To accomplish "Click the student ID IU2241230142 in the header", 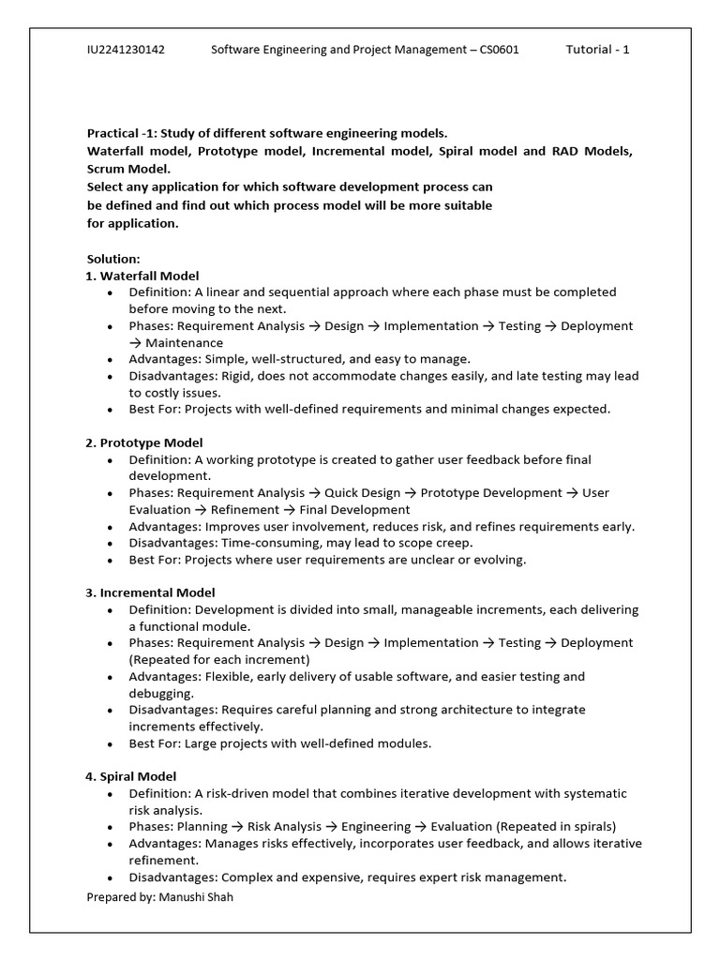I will tap(126, 50).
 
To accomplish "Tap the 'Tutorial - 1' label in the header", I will tap(597, 50).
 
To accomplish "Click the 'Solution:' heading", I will tap(113, 259).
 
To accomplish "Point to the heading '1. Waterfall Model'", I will tap(142, 276).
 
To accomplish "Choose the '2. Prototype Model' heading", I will tap(144, 442).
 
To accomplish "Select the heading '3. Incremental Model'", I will tap(150, 592).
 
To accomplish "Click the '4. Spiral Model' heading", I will tap(131, 776).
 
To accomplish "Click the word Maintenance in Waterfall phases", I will tap(184, 343).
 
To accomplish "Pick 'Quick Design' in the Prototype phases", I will tap(363, 493).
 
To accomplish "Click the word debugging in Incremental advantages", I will tap(161, 693).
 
